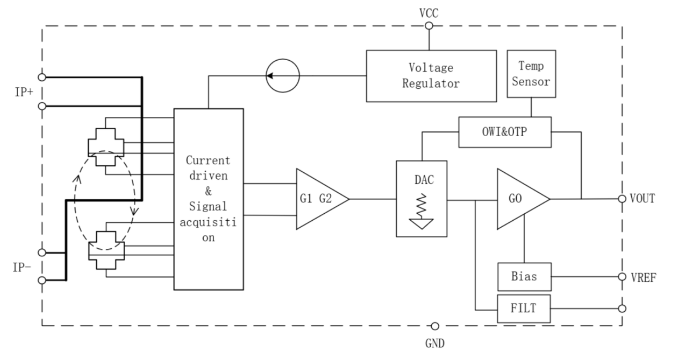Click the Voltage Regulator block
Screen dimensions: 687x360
(431, 76)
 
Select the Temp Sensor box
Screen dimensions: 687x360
(531, 74)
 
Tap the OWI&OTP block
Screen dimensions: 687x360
(505, 132)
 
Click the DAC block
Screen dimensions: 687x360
(422, 199)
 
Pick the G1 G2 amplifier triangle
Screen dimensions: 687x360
(319, 199)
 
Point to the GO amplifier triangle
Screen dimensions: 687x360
(520, 199)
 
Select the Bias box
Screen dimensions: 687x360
(524, 277)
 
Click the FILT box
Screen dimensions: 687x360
(524, 308)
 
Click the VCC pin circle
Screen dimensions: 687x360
(429, 26)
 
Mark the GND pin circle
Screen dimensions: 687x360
(434, 326)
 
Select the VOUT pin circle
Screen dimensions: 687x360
(622, 199)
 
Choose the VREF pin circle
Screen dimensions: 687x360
(622, 277)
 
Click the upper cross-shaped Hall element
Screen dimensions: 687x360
(106, 147)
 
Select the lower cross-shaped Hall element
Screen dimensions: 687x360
(106, 250)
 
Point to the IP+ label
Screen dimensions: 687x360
(24, 92)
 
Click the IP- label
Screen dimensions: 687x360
(22, 267)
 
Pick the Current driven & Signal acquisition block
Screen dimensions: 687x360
(208, 199)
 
